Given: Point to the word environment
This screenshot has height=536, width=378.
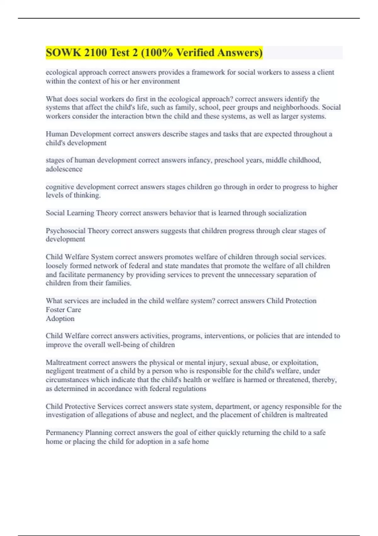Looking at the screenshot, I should (161, 81).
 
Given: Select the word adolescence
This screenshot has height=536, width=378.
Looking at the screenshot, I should (64, 169).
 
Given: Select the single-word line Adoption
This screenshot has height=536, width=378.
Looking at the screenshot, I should (60, 318).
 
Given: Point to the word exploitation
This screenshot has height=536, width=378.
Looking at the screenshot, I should (299, 362).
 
